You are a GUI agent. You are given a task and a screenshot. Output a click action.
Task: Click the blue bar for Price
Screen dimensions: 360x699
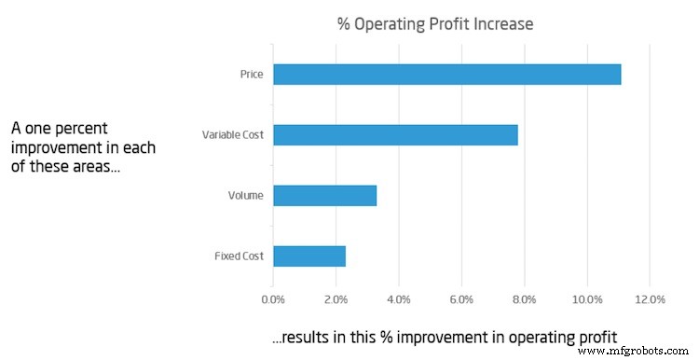coord(446,74)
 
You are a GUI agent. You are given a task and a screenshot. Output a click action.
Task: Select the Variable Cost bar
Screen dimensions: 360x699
coord(395,134)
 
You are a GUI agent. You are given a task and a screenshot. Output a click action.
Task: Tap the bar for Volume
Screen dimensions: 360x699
coord(324,195)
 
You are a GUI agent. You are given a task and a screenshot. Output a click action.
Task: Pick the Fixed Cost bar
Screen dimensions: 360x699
coord(309,256)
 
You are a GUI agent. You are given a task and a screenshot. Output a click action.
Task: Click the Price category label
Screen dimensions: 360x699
coord(252,74)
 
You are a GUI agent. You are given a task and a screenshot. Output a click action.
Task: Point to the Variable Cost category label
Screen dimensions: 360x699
coord(233,135)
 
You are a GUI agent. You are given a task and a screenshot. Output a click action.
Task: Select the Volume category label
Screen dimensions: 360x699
coord(246,196)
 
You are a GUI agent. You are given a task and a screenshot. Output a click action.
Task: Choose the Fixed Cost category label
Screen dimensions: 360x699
coord(240,256)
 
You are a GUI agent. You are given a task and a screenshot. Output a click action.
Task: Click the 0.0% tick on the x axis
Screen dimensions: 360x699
coord(273,300)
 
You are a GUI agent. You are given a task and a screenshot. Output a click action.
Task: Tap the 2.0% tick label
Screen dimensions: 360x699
coord(336,300)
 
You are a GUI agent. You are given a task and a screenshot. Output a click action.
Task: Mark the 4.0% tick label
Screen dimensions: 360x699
coord(398,300)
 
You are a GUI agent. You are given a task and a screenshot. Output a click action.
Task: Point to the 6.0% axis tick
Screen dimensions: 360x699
coord(461,300)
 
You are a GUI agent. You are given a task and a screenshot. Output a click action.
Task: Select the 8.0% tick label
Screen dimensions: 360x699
coord(524,300)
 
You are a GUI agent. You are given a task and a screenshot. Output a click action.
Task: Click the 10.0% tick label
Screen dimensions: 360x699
coord(586,300)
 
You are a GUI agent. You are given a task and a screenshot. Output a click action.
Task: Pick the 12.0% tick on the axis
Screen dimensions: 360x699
coord(650,300)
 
